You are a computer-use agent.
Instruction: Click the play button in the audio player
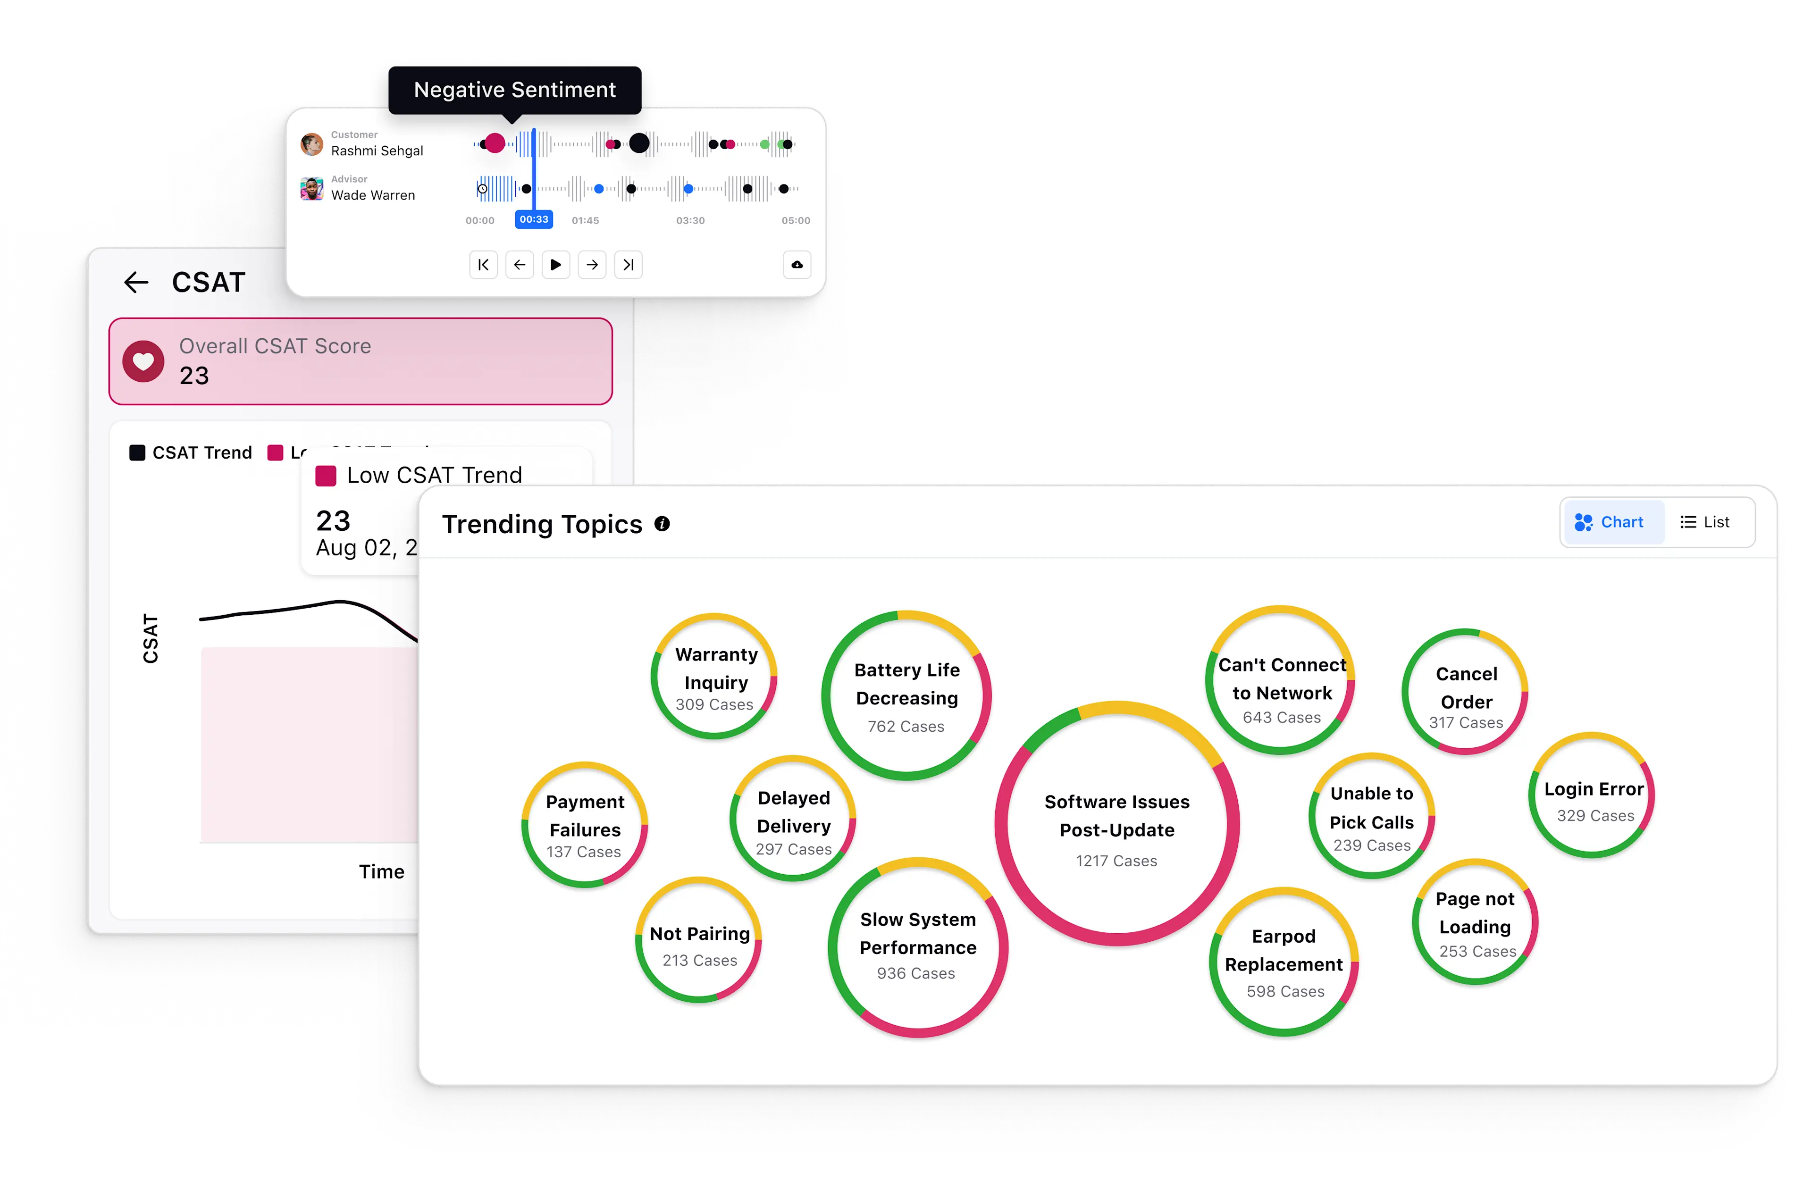(556, 265)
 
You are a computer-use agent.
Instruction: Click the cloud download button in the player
(797, 265)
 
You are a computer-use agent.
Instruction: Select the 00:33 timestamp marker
(534, 219)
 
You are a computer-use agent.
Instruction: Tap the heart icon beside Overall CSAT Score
(143, 361)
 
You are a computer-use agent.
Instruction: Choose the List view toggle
(1705, 522)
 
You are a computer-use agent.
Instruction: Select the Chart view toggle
(1610, 522)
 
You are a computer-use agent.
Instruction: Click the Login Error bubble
(1593, 795)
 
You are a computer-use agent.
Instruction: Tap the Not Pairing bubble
(699, 940)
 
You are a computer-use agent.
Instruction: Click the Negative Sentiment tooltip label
(515, 90)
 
